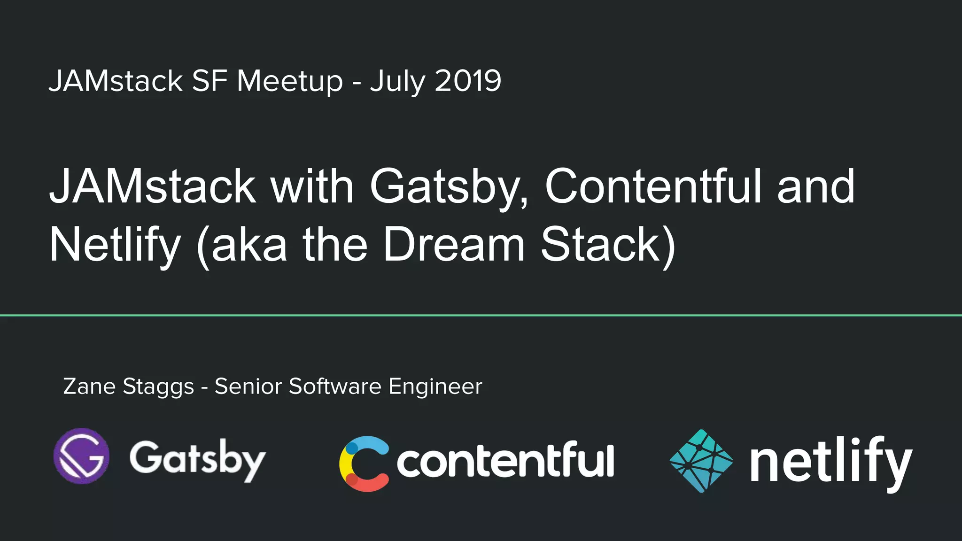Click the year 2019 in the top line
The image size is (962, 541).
pyautogui.click(x=468, y=81)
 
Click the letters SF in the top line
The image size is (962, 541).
pyautogui.click(x=209, y=81)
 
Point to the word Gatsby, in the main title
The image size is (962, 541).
pyautogui.click(x=449, y=188)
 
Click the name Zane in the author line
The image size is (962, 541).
pyautogui.click(x=89, y=386)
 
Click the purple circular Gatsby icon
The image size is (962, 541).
pyautogui.click(x=82, y=456)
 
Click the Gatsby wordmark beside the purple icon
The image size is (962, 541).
pyautogui.click(x=198, y=459)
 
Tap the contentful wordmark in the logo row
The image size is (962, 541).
pyautogui.click(x=505, y=460)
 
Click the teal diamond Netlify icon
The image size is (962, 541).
pyautogui.click(x=701, y=461)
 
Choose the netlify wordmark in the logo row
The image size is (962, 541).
pyautogui.click(x=830, y=463)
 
